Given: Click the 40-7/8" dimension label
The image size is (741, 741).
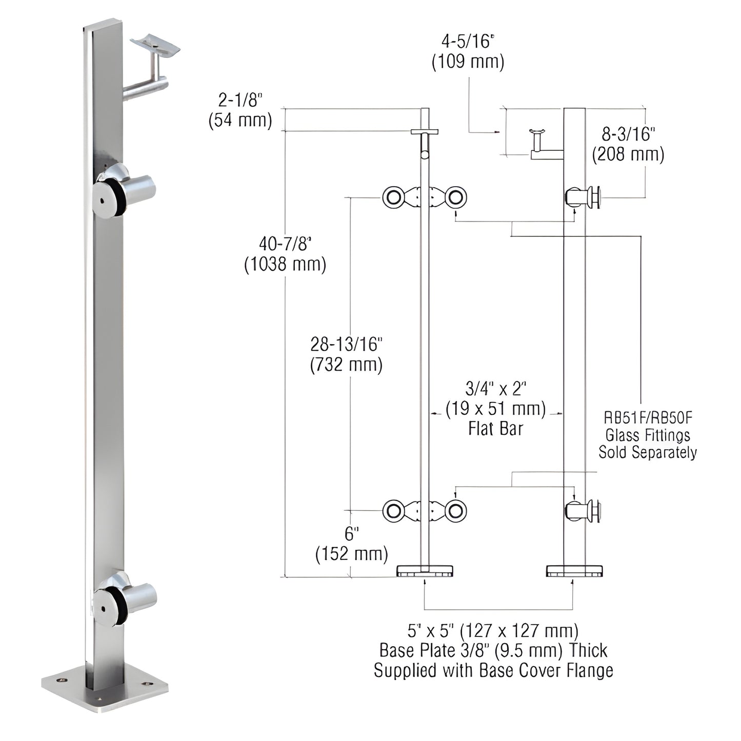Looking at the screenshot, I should (x=285, y=243).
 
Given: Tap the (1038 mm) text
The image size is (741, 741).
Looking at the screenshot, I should (x=285, y=264).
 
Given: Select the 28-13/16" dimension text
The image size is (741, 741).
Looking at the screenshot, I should (x=346, y=344).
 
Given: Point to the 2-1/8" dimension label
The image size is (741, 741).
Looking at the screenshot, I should (x=239, y=99).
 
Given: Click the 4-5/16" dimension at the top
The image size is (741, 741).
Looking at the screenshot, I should (x=467, y=41).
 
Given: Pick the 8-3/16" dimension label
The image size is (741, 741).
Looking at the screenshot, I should (x=628, y=134).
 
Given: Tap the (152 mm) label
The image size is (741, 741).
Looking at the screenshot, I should (x=351, y=554).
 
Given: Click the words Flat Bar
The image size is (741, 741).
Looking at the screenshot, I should (x=495, y=429).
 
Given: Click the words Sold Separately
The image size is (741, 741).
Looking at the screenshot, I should (x=648, y=452).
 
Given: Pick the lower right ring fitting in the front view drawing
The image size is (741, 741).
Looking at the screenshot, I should (x=455, y=511).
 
